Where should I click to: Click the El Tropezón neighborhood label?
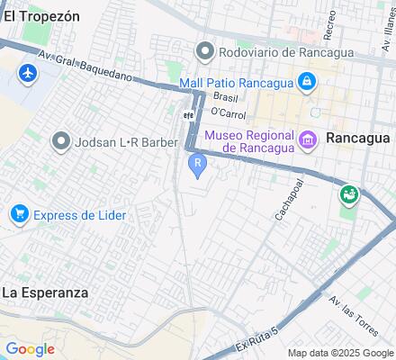41,16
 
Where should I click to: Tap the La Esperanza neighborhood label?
45,292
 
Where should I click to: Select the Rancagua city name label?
357,139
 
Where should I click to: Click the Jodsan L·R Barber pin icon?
62,141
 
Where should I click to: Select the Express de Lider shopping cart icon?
18,214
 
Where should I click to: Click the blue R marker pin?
197,165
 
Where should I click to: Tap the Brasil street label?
225,96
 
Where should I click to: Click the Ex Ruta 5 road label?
256,340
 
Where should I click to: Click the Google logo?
30,349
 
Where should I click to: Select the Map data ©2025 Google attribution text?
340,353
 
